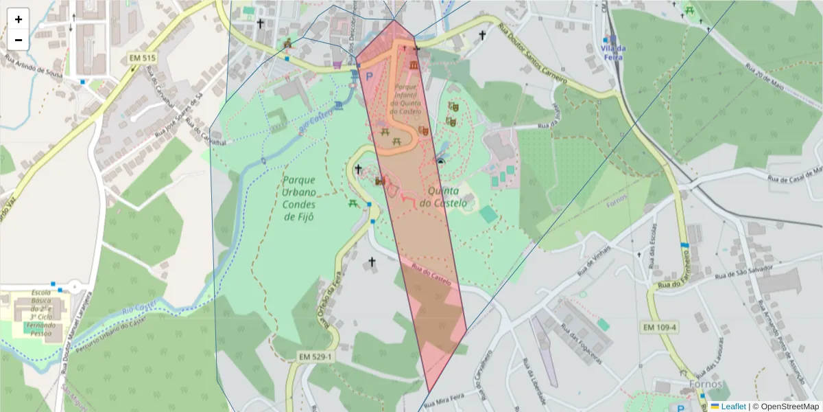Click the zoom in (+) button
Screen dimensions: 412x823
coord(19,19)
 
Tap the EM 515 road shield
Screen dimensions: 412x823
coord(143,58)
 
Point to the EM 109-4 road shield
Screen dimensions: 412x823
coord(660,328)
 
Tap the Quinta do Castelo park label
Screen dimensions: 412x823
coord(443,197)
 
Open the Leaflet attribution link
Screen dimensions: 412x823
coord(733,407)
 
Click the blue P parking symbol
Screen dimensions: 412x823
coord(369,77)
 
